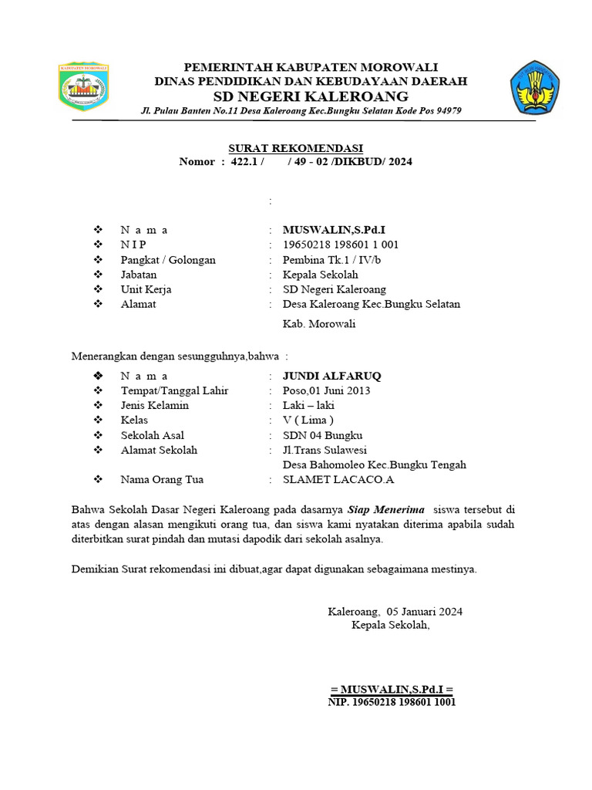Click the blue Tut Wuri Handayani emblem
pyautogui.click(x=534, y=89)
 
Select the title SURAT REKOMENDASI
pyautogui.click(x=295, y=148)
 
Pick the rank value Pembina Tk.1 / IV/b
pyautogui.click(x=331, y=260)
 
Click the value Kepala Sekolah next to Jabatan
pyautogui.click(x=321, y=275)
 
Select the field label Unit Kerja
pyautogui.click(x=146, y=289)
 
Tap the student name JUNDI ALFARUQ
pyautogui.click(x=331, y=376)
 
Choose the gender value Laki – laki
pyautogui.click(x=309, y=405)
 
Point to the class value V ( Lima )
pyautogui.click(x=308, y=420)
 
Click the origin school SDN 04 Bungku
pyautogui.click(x=322, y=435)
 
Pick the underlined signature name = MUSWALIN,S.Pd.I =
pyautogui.click(x=391, y=688)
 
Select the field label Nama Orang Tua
pyautogui.click(x=162, y=480)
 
